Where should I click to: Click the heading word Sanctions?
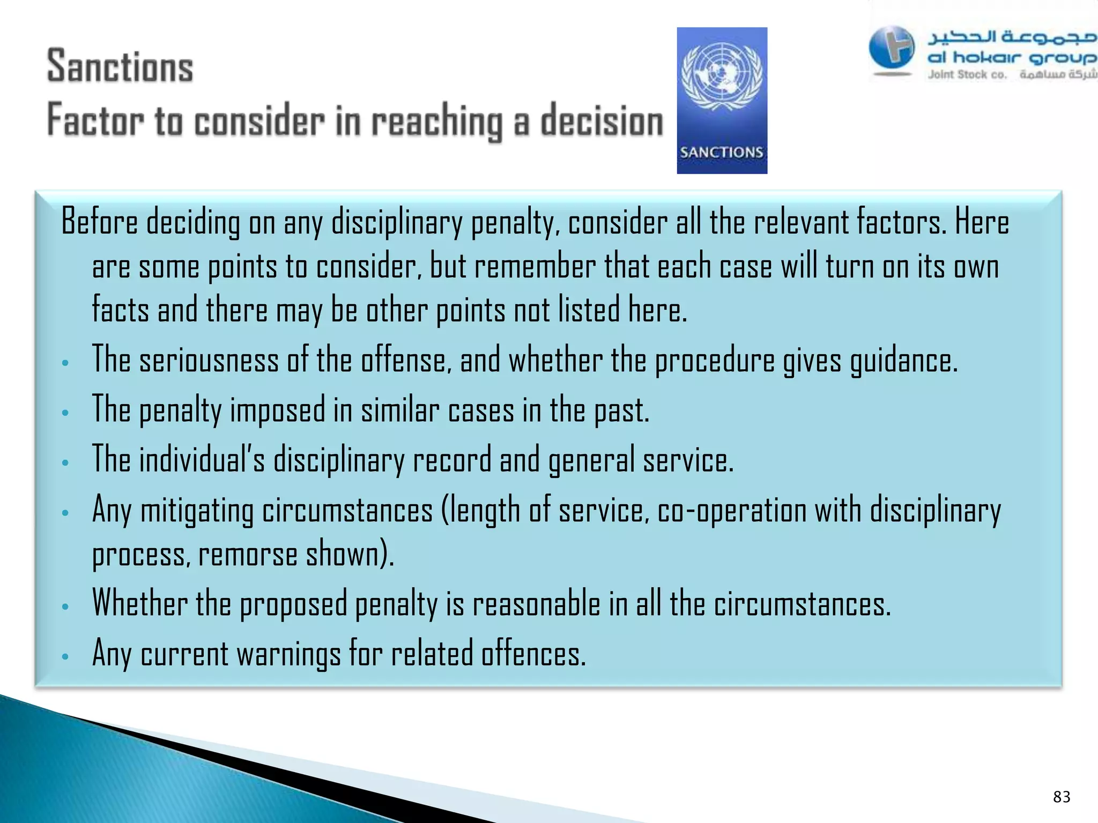coord(120,66)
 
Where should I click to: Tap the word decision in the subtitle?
coord(602,121)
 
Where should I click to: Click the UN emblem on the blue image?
coord(722,76)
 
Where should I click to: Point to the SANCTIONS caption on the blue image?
coord(721,152)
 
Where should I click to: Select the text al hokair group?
coord(1011,57)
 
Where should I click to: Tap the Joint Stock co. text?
coord(967,74)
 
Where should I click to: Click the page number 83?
coord(1062,797)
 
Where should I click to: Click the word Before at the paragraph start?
coord(99,222)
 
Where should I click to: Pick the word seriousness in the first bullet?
coord(209,360)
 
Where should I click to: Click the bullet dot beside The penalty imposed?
coord(65,413)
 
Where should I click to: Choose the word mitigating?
coord(197,511)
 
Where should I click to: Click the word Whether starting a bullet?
coord(139,603)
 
